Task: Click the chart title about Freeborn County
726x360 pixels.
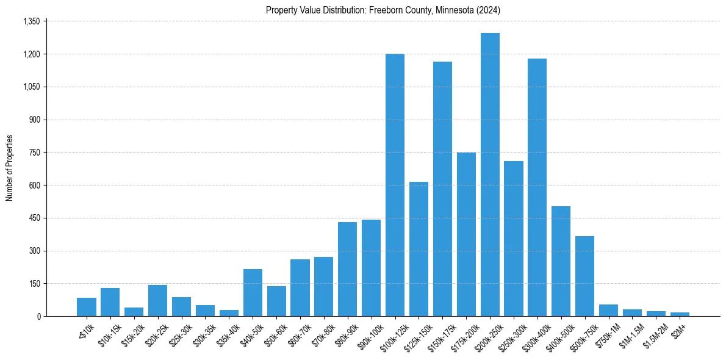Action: tap(383, 10)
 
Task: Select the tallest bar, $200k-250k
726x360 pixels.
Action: tap(490, 175)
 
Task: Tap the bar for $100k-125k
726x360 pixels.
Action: tap(395, 185)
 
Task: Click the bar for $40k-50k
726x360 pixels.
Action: tap(253, 292)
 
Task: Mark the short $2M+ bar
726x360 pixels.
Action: tap(680, 314)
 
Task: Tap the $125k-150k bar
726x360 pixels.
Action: tap(419, 249)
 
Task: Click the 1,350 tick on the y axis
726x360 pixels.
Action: tap(31, 21)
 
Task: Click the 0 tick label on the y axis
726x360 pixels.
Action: tap(38, 316)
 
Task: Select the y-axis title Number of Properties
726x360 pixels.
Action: tap(10, 168)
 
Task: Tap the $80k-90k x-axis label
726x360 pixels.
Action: tap(347, 335)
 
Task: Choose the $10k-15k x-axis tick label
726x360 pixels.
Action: tap(109, 335)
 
